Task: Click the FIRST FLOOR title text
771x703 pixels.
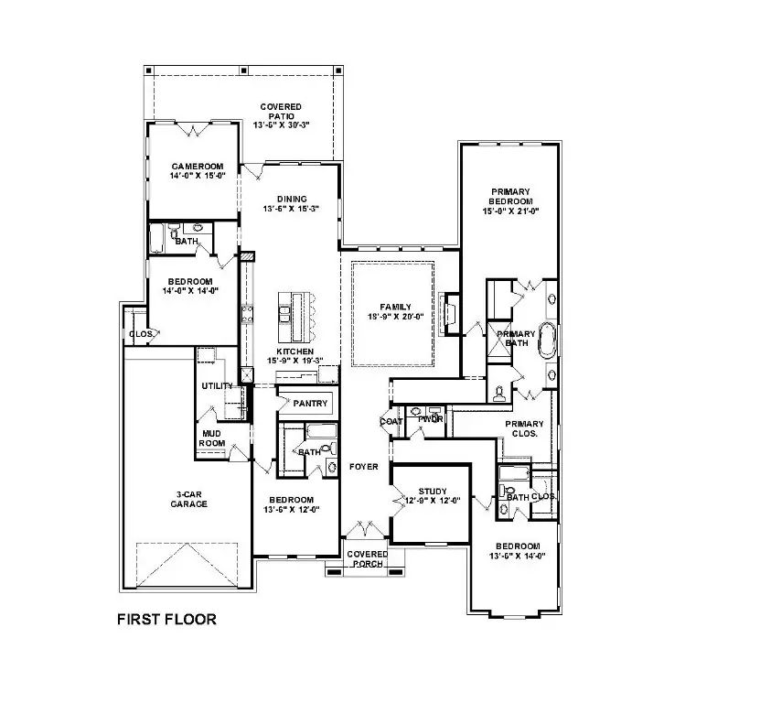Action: click(166, 620)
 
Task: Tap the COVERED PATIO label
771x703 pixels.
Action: click(281, 115)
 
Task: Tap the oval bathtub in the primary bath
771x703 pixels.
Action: click(547, 340)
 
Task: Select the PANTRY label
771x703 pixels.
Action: click(310, 403)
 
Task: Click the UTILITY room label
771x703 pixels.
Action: click(217, 386)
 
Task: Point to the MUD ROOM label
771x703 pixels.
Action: click(212, 438)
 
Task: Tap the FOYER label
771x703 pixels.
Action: click(363, 467)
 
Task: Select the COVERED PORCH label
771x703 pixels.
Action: click(367, 558)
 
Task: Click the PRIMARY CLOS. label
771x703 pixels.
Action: click(523, 429)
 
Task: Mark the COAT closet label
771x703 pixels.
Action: click(391, 421)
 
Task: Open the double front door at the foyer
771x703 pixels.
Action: click(366, 529)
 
